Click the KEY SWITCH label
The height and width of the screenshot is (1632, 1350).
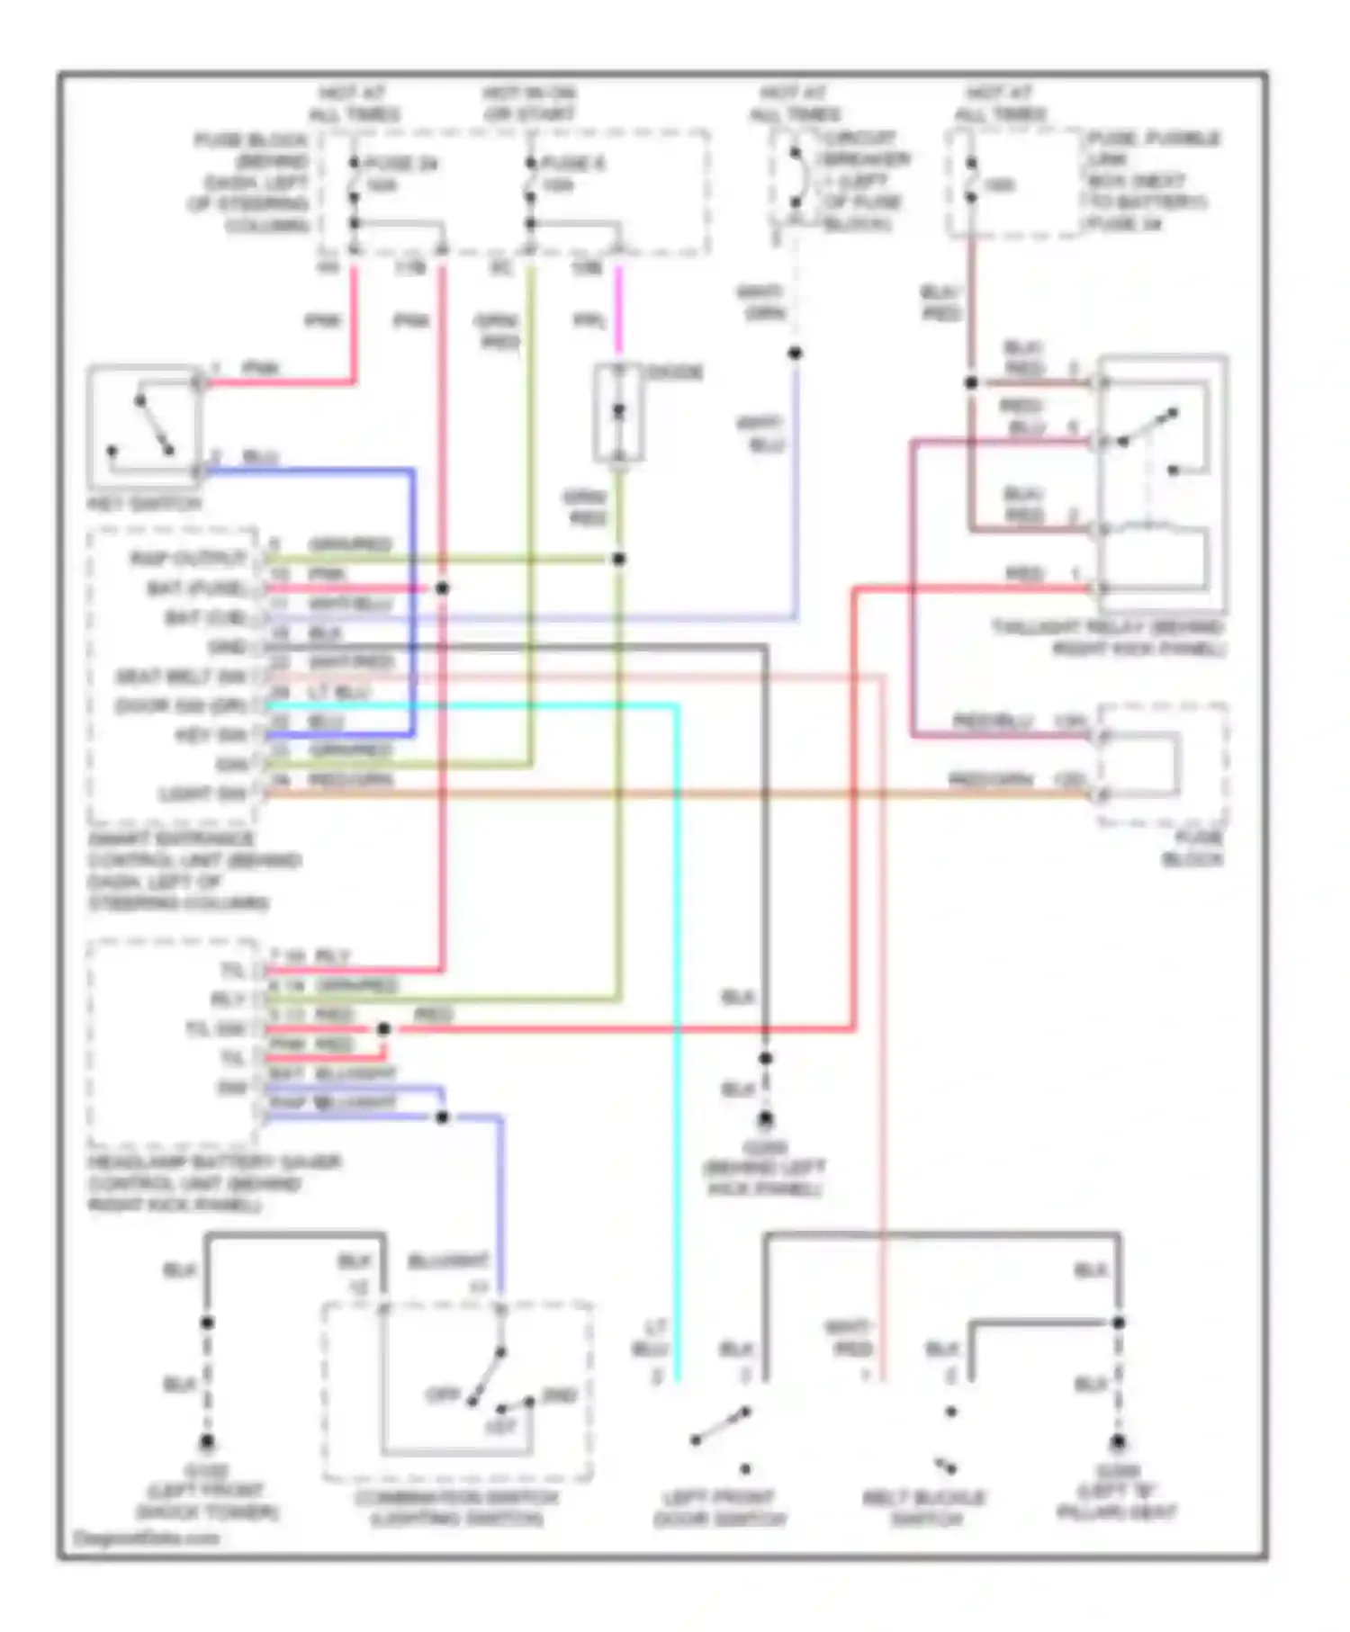(144, 504)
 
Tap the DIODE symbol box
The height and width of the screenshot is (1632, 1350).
(618, 413)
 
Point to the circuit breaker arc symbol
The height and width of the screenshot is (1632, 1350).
(796, 179)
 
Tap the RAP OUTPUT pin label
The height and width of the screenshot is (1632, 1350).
(188, 559)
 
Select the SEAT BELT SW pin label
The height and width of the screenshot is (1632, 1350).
(181, 677)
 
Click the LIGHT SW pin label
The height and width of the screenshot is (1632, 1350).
(202, 794)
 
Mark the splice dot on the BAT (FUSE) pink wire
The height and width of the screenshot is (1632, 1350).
(442, 588)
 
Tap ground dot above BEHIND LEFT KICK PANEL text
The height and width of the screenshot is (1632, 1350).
(765, 1119)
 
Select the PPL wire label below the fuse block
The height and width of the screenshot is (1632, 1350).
(589, 321)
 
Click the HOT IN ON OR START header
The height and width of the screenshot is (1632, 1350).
(529, 103)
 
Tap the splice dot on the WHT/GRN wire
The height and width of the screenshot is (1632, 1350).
(795, 354)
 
